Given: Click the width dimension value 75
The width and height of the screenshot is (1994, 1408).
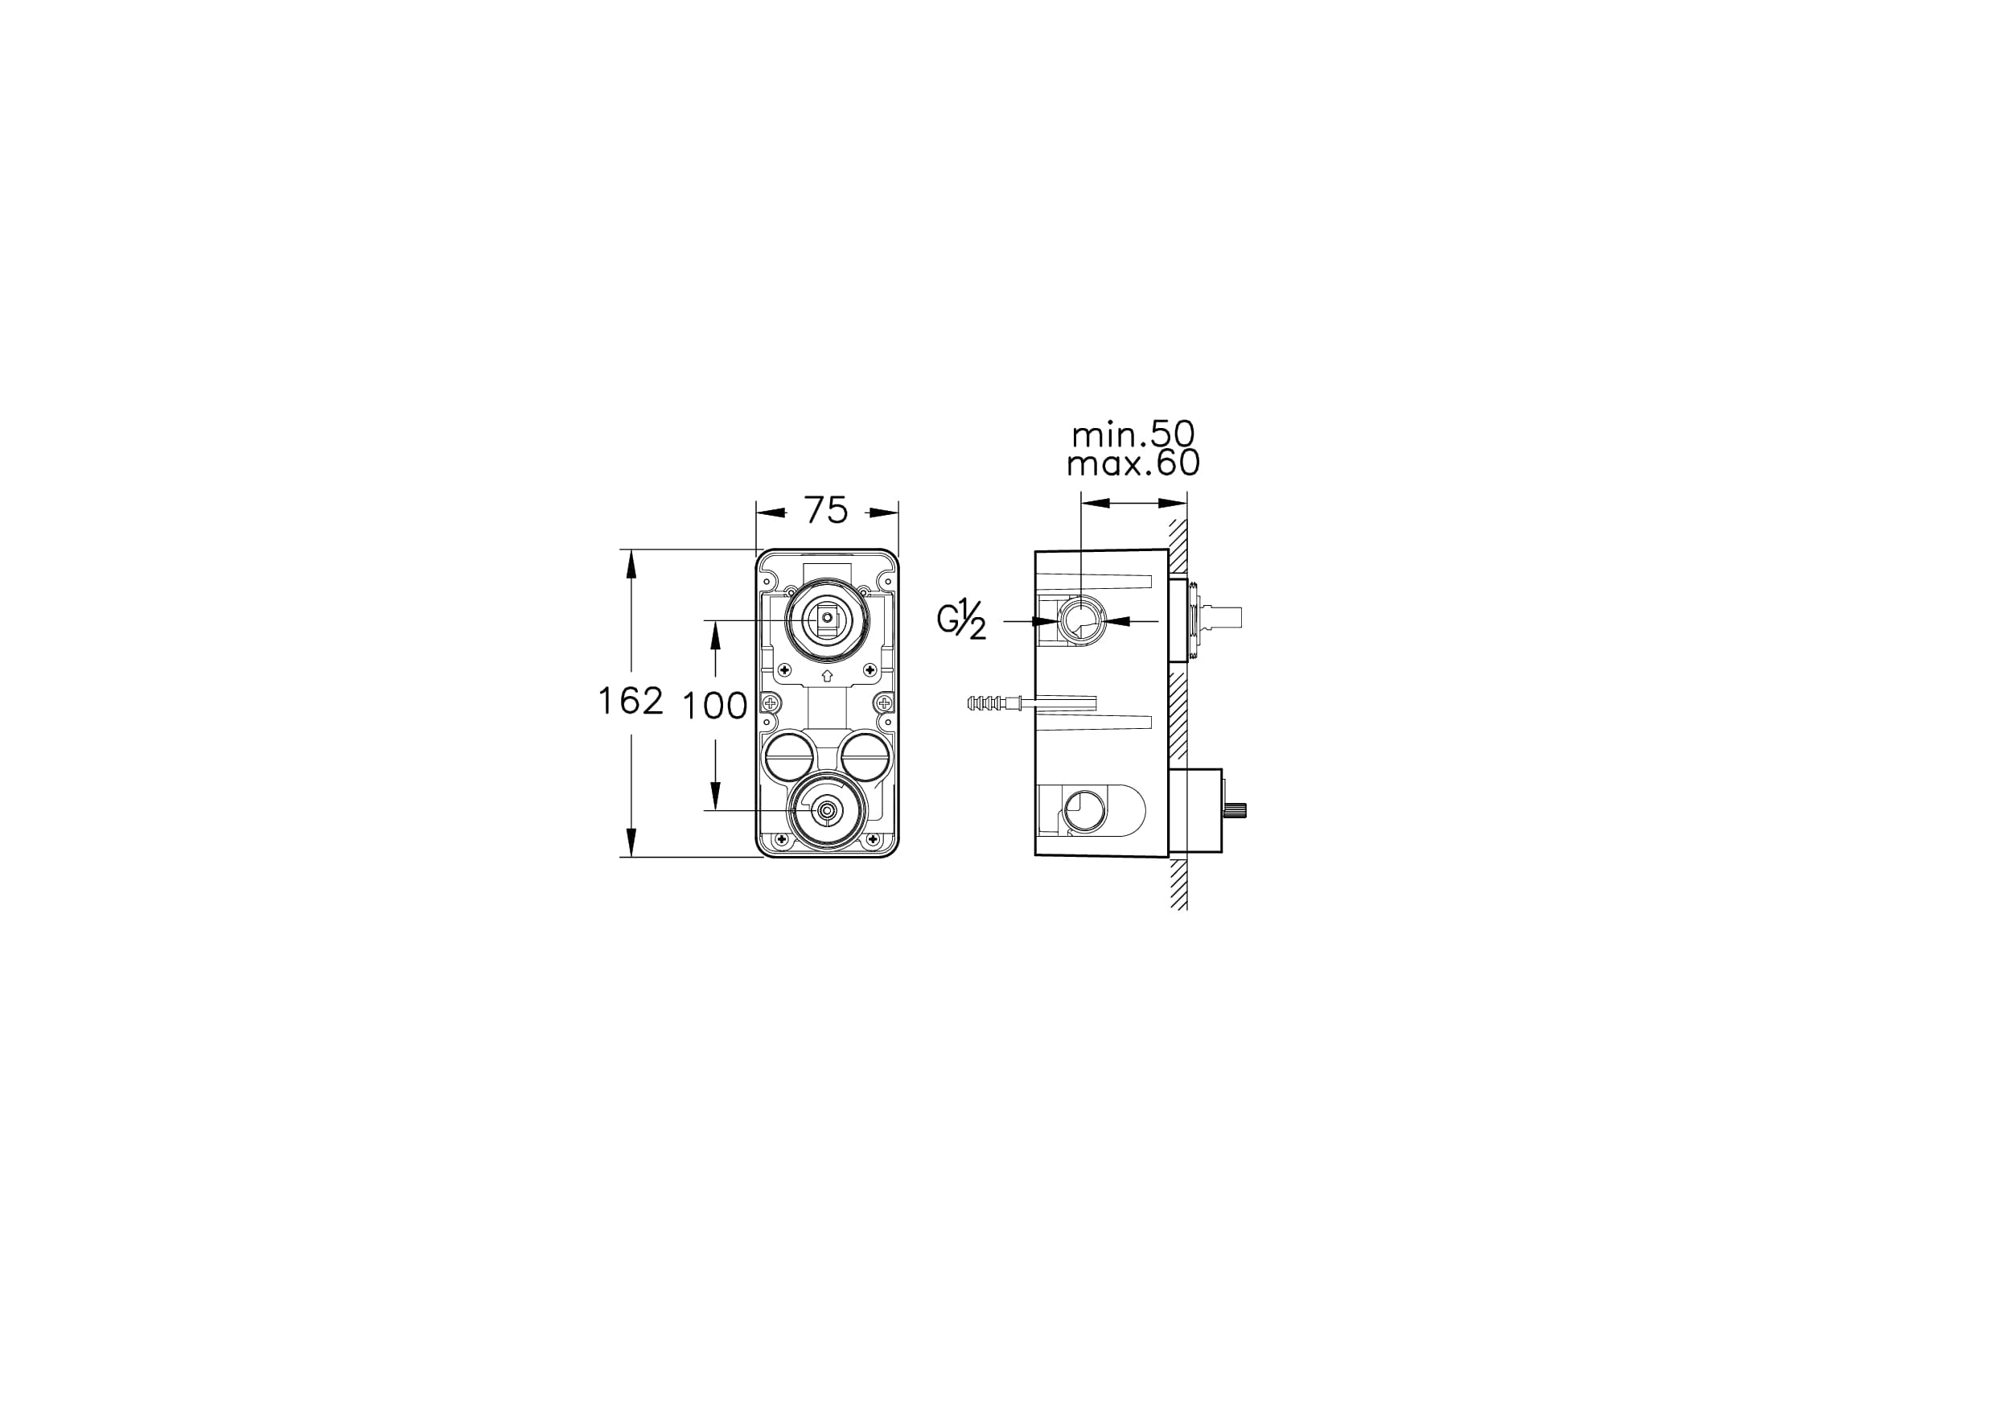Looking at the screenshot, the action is [826, 511].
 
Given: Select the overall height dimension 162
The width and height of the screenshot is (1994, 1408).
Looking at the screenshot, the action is [631, 701].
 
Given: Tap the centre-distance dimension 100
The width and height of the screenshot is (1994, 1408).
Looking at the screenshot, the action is [714, 706].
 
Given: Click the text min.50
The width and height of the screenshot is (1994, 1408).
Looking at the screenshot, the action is [1133, 434].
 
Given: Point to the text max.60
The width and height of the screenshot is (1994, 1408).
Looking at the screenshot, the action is [1133, 463].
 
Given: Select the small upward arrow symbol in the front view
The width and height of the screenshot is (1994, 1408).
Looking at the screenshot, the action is [827, 674].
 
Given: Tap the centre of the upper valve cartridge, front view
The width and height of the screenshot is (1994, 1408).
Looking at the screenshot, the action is [827, 620].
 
